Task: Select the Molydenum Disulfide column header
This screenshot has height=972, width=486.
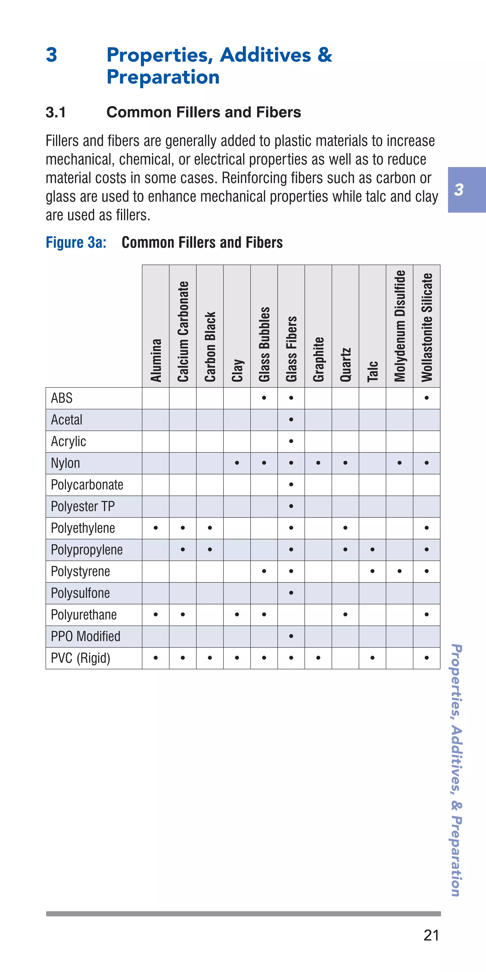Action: pyautogui.click(x=400, y=326)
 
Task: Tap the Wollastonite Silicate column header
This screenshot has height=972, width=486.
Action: pyautogui.click(x=427, y=327)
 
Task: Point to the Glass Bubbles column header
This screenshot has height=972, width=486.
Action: pyautogui.click(x=264, y=344)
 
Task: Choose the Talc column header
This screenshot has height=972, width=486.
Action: pyautogui.click(x=372, y=371)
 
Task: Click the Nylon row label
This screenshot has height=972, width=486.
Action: pyautogui.click(x=66, y=463)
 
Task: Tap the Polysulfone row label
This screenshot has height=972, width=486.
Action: pyautogui.click(x=80, y=593)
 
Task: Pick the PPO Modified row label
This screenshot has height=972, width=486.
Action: pyautogui.click(x=86, y=636)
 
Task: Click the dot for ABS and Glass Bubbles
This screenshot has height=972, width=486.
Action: pyautogui.click(x=264, y=398)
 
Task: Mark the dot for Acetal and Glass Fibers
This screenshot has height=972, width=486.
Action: pyautogui.click(x=291, y=420)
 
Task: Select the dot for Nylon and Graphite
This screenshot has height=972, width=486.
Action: pyautogui.click(x=318, y=463)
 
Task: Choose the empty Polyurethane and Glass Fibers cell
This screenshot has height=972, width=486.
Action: pyautogui.click(x=291, y=615)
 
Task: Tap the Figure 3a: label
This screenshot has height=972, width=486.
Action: pyautogui.click(x=76, y=242)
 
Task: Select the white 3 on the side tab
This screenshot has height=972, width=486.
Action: pyautogui.click(x=458, y=190)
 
